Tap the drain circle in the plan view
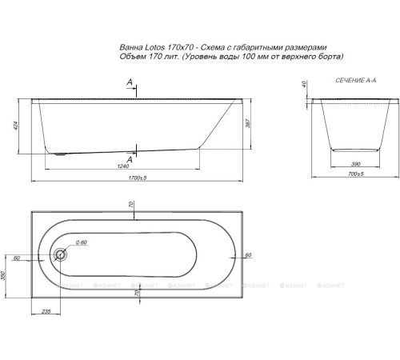[60, 256]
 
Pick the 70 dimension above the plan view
[132, 205]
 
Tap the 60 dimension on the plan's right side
[248, 254]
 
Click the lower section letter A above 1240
[130, 155]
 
